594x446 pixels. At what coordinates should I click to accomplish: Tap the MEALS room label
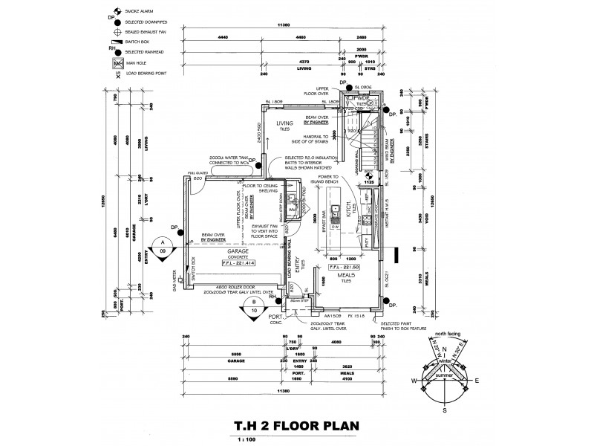point(347,275)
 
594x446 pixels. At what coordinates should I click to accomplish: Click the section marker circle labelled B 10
point(254,306)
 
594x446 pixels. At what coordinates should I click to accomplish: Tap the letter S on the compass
point(445,410)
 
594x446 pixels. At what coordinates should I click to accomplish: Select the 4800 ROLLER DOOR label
point(238,286)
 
